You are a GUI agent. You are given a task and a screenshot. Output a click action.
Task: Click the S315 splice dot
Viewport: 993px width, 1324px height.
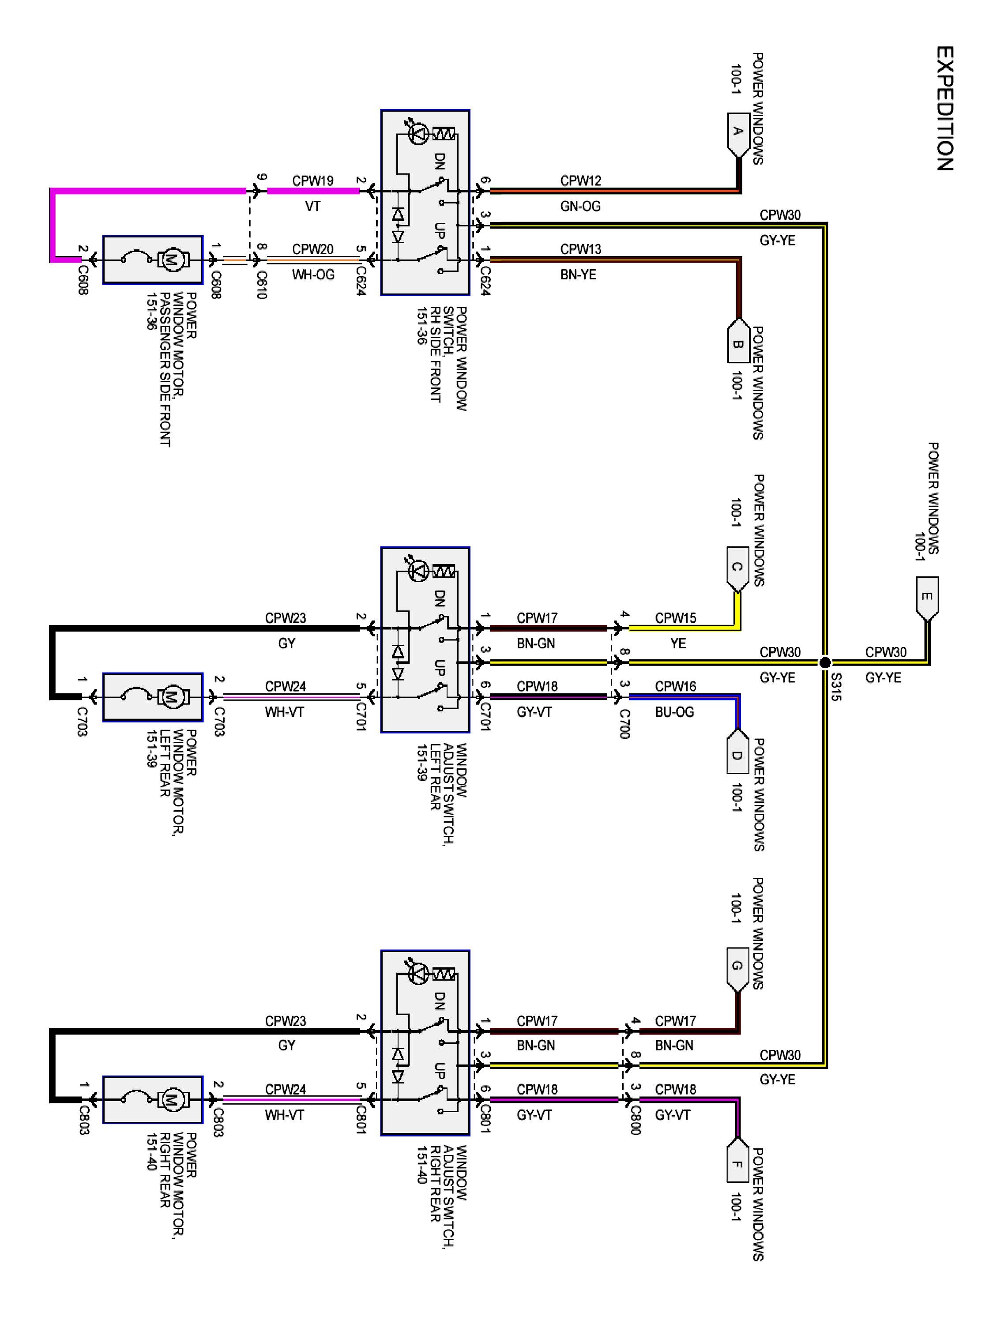(825, 662)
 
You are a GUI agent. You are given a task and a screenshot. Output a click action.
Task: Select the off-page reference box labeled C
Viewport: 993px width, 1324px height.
(737, 568)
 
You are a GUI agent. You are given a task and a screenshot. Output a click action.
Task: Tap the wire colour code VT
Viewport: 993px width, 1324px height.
(312, 207)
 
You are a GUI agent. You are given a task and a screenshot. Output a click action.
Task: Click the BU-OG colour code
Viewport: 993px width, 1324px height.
(674, 712)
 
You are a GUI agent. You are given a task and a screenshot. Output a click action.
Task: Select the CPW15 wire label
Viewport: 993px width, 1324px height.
(675, 618)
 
